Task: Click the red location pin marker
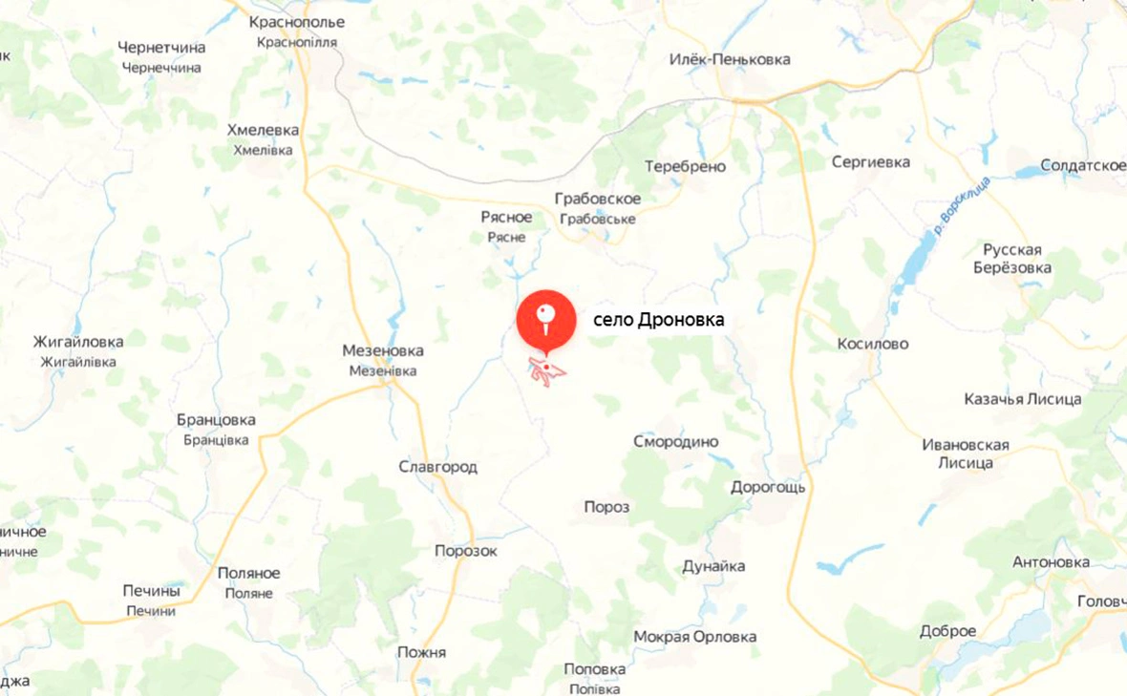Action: tap(545, 318)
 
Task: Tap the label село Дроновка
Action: tap(659, 321)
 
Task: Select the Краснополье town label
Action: tap(296, 22)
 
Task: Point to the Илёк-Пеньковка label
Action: tap(730, 59)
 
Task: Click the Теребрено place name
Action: tap(685, 166)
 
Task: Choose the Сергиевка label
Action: tap(870, 162)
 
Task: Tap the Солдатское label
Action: tap(1083, 165)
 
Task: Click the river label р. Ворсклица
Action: tap(963, 205)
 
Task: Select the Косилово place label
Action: tap(872, 344)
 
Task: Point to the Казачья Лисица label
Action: tap(1022, 399)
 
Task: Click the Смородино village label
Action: tap(675, 442)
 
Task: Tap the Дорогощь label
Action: tap(768, 487)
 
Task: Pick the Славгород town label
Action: tap(437, 467)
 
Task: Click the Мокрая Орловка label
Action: tap(694, 637)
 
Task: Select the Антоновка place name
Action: tap(1051, 562)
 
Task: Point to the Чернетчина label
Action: tap(162, 47)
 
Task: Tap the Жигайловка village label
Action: tap(77, 341)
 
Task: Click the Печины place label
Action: tap(152, 591)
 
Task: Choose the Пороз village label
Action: tap(606, 507)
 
